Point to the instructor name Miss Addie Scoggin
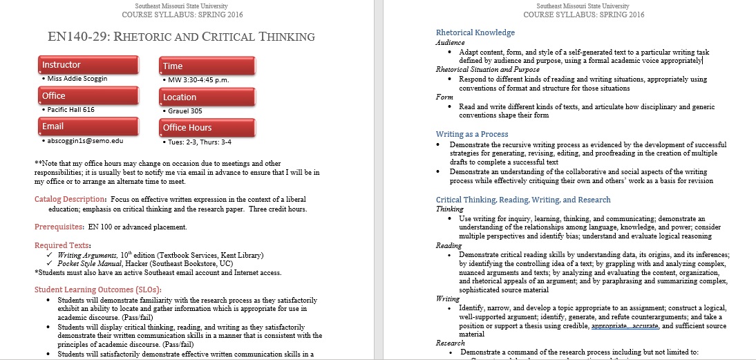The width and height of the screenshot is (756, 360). (77, 79)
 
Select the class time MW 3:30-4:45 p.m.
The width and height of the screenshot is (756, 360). (198, 79)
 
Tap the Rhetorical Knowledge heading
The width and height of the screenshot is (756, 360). (475, 32)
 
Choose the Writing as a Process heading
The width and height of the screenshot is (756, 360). (472, 134)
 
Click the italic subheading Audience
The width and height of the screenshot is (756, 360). (450, 42)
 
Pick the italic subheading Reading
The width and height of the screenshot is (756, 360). (448, 245)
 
